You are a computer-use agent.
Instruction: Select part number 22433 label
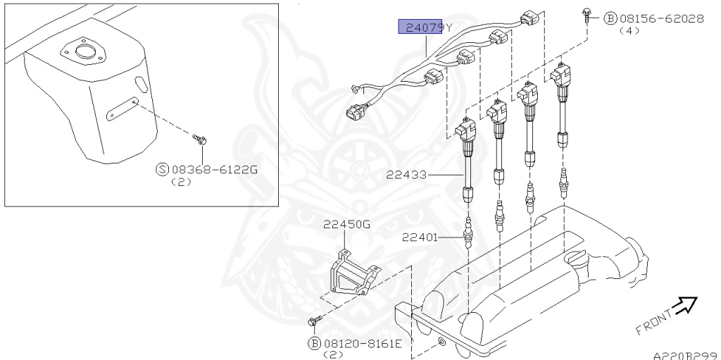(406, 174)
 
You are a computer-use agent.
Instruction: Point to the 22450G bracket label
(346, 225)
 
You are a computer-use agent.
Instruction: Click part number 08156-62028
(661, 19)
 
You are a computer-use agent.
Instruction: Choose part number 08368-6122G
(214, 169)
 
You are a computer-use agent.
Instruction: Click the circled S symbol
(161, 169)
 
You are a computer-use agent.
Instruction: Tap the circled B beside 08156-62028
(610, 19)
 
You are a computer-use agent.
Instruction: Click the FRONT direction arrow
(684, 305)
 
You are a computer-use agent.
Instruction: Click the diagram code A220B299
(684, 356)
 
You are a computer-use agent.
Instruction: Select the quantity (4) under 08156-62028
(629, 32)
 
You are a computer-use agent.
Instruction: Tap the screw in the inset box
(201, 139)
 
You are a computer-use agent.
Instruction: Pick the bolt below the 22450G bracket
(314, 322)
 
